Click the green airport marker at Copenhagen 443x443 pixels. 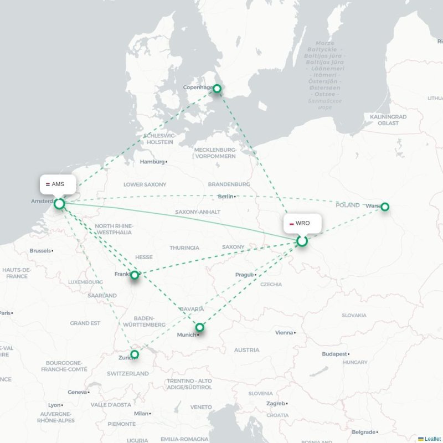[217, 89]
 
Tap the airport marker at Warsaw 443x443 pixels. [385, 207]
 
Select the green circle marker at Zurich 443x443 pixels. [135, 354]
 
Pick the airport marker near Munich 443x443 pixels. [200, 327]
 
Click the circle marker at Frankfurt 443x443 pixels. [135, 275]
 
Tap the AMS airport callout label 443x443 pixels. [58, 184]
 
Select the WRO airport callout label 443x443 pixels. [302, 223]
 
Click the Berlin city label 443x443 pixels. [225, 196]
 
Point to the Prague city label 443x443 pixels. [244, 275]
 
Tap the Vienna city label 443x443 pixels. [284, 332]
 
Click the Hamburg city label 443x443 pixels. [152, 162]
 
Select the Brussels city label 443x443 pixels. [40, 250]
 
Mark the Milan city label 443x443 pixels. [141, 413]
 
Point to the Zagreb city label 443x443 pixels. [276, 403]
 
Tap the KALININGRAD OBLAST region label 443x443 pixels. [388, 120]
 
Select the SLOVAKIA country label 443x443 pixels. [353, 315]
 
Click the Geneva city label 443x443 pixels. [77, 392]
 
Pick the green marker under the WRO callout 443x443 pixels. [302, 241]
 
